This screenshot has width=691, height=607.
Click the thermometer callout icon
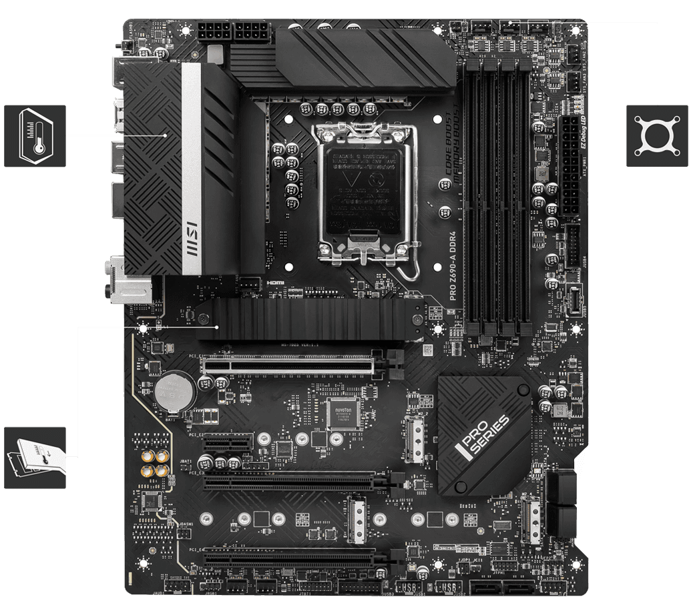(x=35, y=135)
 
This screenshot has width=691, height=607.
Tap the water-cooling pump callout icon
(x=656, y=135)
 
